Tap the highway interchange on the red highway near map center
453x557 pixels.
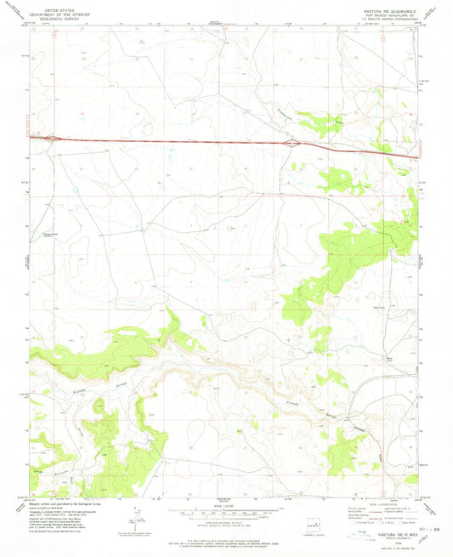point(292,143)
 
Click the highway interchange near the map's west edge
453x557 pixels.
point(53,136)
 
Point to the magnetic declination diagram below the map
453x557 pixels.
point(134,516)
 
